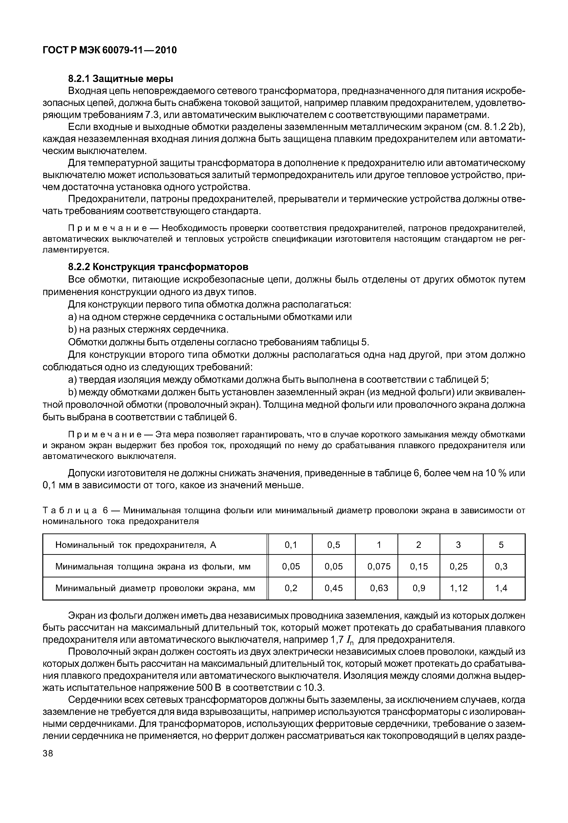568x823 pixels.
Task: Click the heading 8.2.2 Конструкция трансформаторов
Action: point(158,267)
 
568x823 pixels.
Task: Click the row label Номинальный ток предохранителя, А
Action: point(136,545)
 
